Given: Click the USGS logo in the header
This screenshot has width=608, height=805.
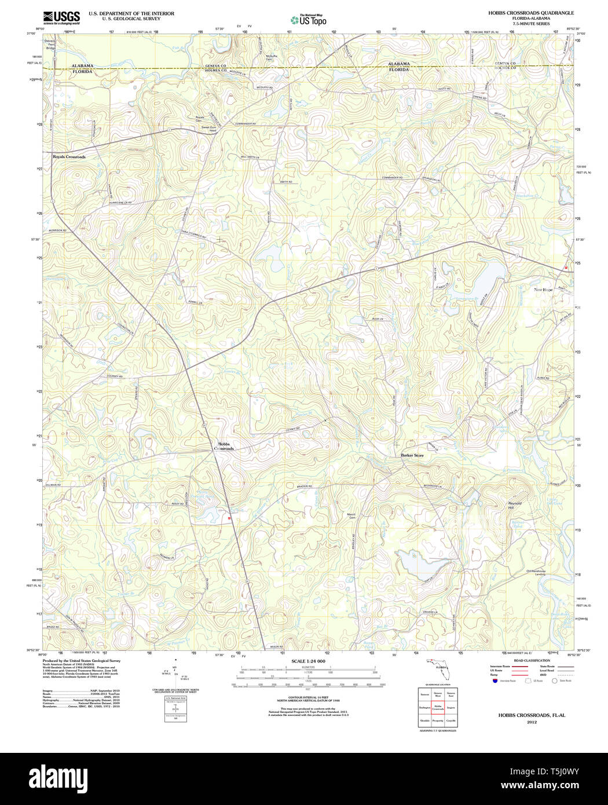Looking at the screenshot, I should (x=61, y=17).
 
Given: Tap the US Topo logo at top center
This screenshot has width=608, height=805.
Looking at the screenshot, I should (x=308, y=20).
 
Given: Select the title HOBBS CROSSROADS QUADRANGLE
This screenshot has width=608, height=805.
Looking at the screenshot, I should (x=531, y=13).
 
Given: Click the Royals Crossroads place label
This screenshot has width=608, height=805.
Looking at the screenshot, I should (x=69, y=157).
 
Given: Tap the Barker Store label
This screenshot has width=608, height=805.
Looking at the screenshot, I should (x=412, y=456).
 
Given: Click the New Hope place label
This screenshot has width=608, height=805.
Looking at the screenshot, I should (x=543, y=290).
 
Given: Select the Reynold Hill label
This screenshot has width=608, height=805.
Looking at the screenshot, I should (x=515, y=506).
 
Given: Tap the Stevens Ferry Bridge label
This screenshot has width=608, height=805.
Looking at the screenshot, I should (x=50, y=45).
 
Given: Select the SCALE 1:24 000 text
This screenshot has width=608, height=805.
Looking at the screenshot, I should (x=308, y=661).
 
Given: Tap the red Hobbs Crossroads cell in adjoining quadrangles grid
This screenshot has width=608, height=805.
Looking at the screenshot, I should (x=438, y=708).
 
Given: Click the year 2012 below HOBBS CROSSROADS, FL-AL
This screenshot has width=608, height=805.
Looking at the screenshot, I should (x=532, y=722).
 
